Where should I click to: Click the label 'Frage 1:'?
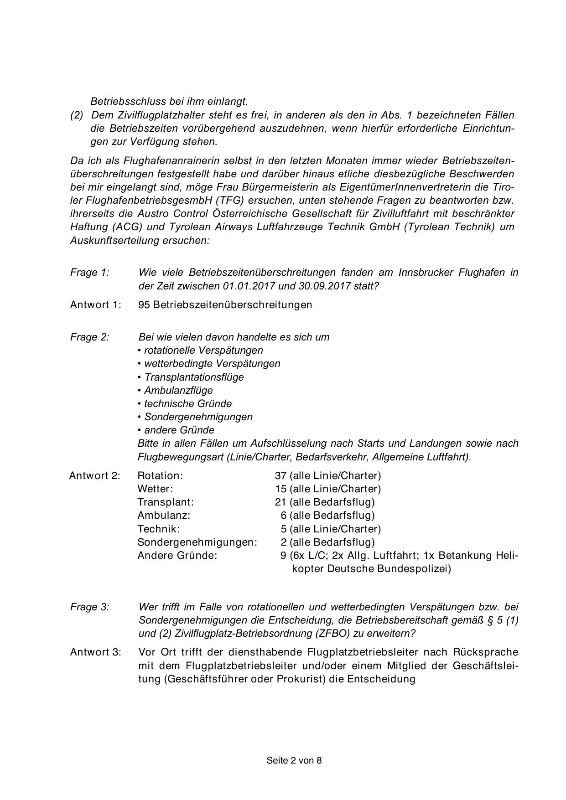click(89, 273)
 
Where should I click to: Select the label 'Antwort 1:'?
click(96, 305)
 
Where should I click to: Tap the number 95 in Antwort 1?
click(144, 305)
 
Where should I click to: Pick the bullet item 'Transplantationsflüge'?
click(194, 377)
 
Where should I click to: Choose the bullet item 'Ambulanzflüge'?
click(178, 390)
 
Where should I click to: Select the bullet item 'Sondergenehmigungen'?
click(198, 417)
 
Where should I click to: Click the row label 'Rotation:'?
click(160, 476)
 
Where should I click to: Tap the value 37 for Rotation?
click(280, 476)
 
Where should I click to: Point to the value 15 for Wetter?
click(280, 489)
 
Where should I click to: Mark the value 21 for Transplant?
click(280, 502)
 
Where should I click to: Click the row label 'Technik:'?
click(159, 529)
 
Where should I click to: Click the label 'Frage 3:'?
click(89, 607)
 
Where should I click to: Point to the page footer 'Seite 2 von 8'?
click(294, 760)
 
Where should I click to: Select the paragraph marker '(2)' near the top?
click(77, 115)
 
